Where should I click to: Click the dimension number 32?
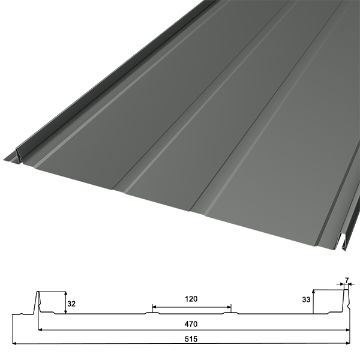[71, 304]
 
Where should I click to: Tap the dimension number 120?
[191, 299]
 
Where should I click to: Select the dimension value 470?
[191, 324]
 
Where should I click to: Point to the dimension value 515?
[191, 339]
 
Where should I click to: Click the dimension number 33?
[306, 299]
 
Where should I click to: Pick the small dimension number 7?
[347, 280]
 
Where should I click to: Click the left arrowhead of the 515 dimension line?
[14, 343]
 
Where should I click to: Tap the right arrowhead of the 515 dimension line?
[348, 343]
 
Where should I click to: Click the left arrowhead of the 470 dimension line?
[40, 329]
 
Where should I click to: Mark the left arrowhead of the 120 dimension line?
[154, 307]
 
